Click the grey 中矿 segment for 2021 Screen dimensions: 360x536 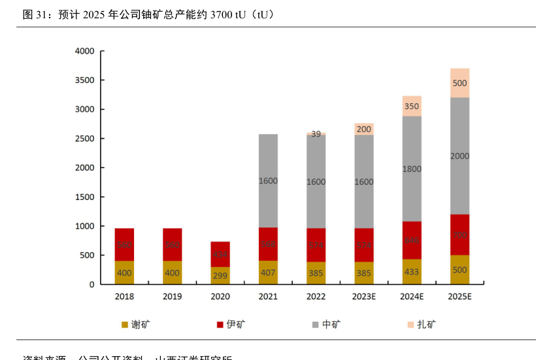268,181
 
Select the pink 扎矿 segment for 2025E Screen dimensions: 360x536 460,83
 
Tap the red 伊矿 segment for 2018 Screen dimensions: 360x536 124,245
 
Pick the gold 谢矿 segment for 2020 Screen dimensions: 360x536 220,275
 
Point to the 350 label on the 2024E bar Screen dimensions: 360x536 412,106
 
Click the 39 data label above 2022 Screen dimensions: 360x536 316,134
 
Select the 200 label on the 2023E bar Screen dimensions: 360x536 364,129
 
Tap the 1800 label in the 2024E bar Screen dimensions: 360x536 412,169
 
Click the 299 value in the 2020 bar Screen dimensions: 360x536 220,276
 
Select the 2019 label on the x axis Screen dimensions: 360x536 172,297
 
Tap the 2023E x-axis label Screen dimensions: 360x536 364,297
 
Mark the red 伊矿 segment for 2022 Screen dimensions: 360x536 316,245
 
